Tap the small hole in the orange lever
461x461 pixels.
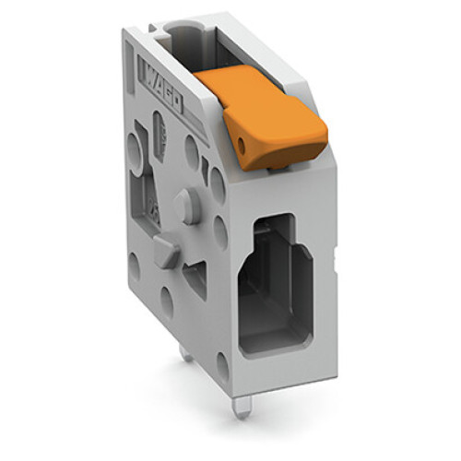click(x=242, y=144)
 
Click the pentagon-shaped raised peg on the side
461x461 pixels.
click(x=166, y=250)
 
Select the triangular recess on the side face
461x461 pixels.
click(x=196, y=276)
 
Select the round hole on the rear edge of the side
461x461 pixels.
click(x=134, y=267)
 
